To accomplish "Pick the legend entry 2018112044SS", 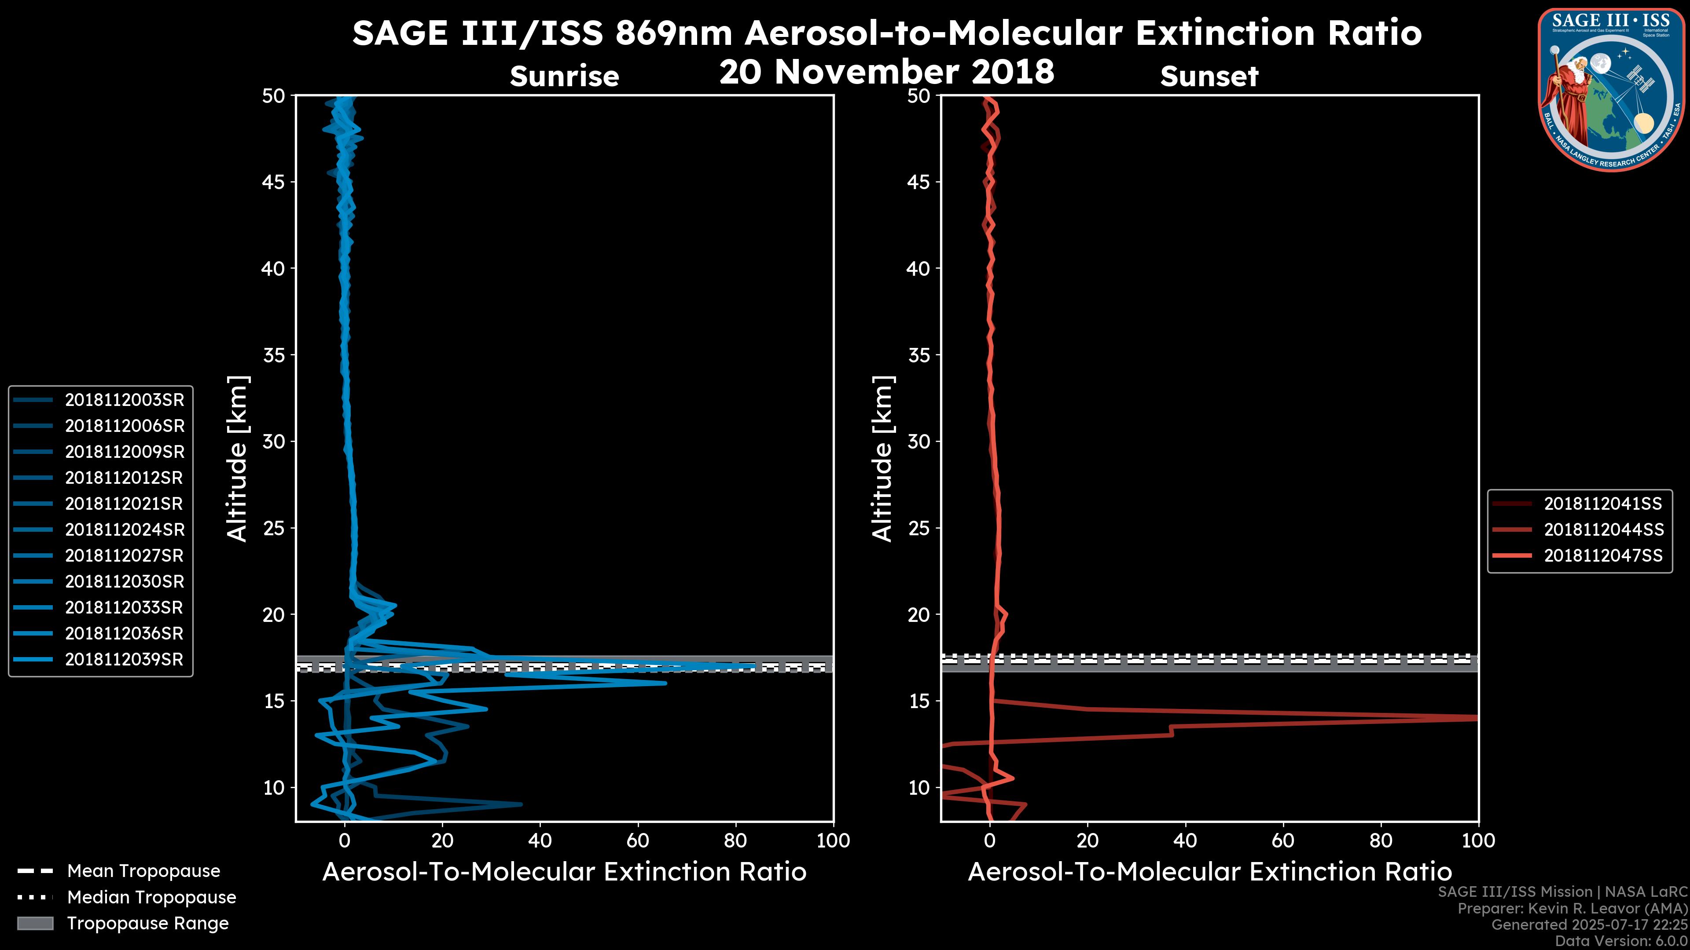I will [1603, 530].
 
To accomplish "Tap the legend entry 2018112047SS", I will [1603, 556].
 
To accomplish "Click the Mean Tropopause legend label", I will [143, 871].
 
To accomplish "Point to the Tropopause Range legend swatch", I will [35, 924].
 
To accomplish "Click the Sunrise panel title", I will [564, 77].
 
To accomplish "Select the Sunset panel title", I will [1209, 77].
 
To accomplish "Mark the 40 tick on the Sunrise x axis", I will [540, 840].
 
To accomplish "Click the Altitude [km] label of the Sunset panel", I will [883, 459].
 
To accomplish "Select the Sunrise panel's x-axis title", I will [564, 872].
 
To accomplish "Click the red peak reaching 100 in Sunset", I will [1470, 718].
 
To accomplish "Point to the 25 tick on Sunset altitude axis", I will [919, 528].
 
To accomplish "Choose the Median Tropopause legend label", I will [151, 898].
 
